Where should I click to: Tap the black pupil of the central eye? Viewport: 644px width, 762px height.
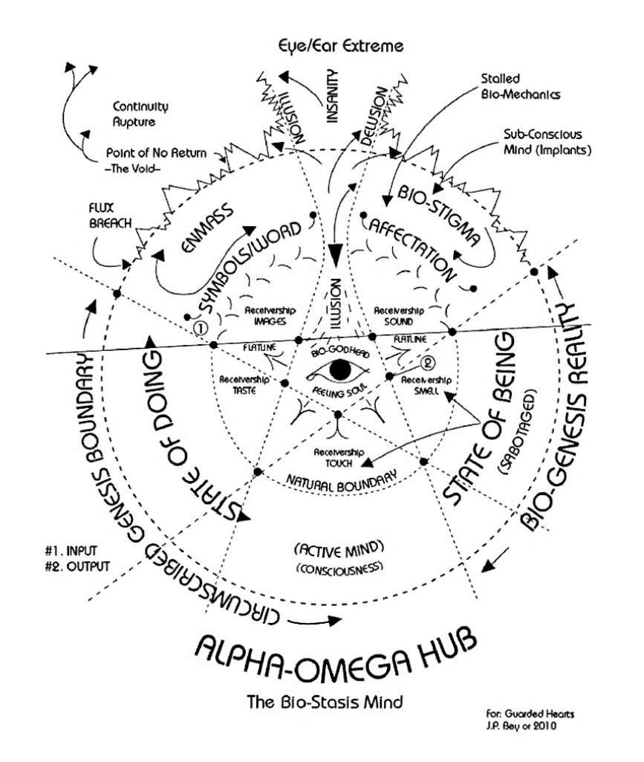pyautogui.click(x=339, y=369)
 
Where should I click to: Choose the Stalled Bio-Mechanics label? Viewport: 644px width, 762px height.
pyautogui.click(x=510, y=87)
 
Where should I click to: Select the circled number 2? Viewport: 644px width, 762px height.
pyautogui.click(x=427, y=363)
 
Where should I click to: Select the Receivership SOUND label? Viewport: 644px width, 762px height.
pyautogui.click(x=399, y=317)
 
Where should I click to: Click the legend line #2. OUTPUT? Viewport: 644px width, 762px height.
pyautogui.click(x=77, y=566)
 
